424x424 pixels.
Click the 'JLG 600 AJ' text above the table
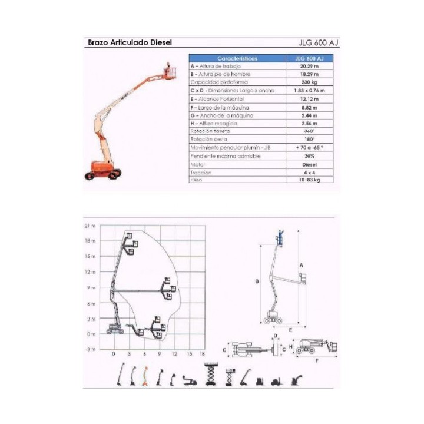[x=319, y=42]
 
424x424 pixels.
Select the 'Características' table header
[x=237, y=58]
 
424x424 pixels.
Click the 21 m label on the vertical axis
[x=90, y=226]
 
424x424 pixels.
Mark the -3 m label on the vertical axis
[x=90, y=349]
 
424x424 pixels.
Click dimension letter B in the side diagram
[x=257, y=283]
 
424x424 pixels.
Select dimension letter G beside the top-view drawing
[x=224, y=349]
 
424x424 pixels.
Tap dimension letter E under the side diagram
[x=290, y=330]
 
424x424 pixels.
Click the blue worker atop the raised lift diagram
[x=280, y=238]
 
